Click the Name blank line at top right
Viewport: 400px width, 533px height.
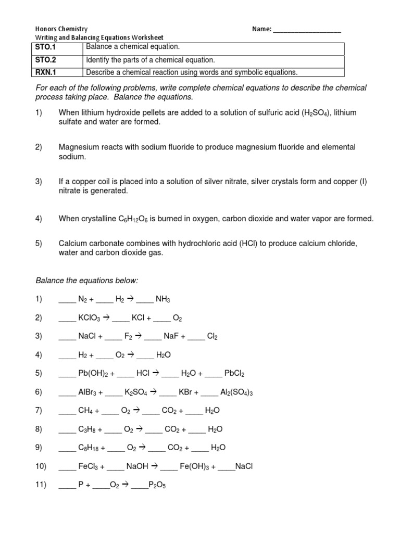click(307, 30)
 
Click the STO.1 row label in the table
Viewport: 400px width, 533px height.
click(46, 47)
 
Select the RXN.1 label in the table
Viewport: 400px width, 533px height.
click(46, 72)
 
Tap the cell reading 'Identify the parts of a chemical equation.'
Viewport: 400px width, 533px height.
click(150, 60)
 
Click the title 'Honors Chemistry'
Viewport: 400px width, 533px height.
click(61, 29)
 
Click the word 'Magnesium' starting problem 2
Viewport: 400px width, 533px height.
click(78, 147)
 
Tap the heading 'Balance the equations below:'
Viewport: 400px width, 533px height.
click(86, 281)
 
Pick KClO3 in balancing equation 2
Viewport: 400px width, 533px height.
click(89, 318)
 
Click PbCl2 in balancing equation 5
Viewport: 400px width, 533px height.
click(234, 374)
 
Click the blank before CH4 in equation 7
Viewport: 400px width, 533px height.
click(67, 411)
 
